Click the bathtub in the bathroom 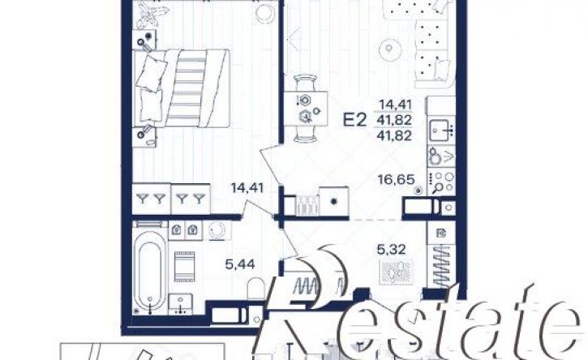150,268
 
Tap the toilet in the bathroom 256,289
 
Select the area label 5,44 240,264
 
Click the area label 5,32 391,249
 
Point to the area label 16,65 397,179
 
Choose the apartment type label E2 354,120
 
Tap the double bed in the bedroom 181,88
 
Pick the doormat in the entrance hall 397,272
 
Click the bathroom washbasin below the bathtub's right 181,304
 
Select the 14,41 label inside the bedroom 247,187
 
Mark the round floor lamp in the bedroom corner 264,12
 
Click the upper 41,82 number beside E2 395,120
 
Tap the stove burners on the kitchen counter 442,181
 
